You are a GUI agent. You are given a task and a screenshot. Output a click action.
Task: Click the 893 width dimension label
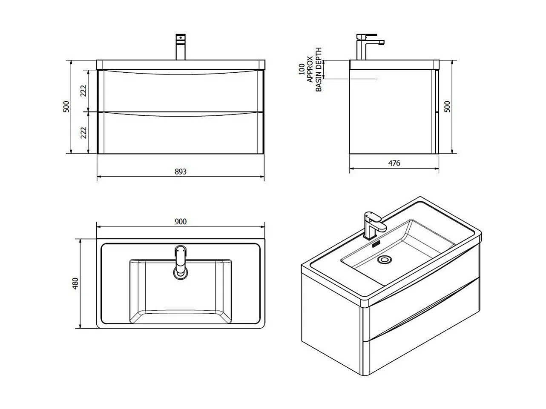181,172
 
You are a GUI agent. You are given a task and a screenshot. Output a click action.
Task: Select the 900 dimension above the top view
181,221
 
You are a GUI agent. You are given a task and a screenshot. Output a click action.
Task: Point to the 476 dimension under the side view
394,163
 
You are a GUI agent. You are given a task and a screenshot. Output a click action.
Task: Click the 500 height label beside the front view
66,107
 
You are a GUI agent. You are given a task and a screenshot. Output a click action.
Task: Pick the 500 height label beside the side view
447,107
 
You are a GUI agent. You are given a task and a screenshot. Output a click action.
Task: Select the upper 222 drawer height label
83,91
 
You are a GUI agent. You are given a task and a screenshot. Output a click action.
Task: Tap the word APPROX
310,69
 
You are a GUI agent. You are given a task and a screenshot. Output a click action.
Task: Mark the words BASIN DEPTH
318,69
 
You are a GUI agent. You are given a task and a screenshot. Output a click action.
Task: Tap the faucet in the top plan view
181,262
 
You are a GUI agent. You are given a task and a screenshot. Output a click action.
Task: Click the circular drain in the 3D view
385,259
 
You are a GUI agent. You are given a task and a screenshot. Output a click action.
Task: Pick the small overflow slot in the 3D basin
376,244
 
